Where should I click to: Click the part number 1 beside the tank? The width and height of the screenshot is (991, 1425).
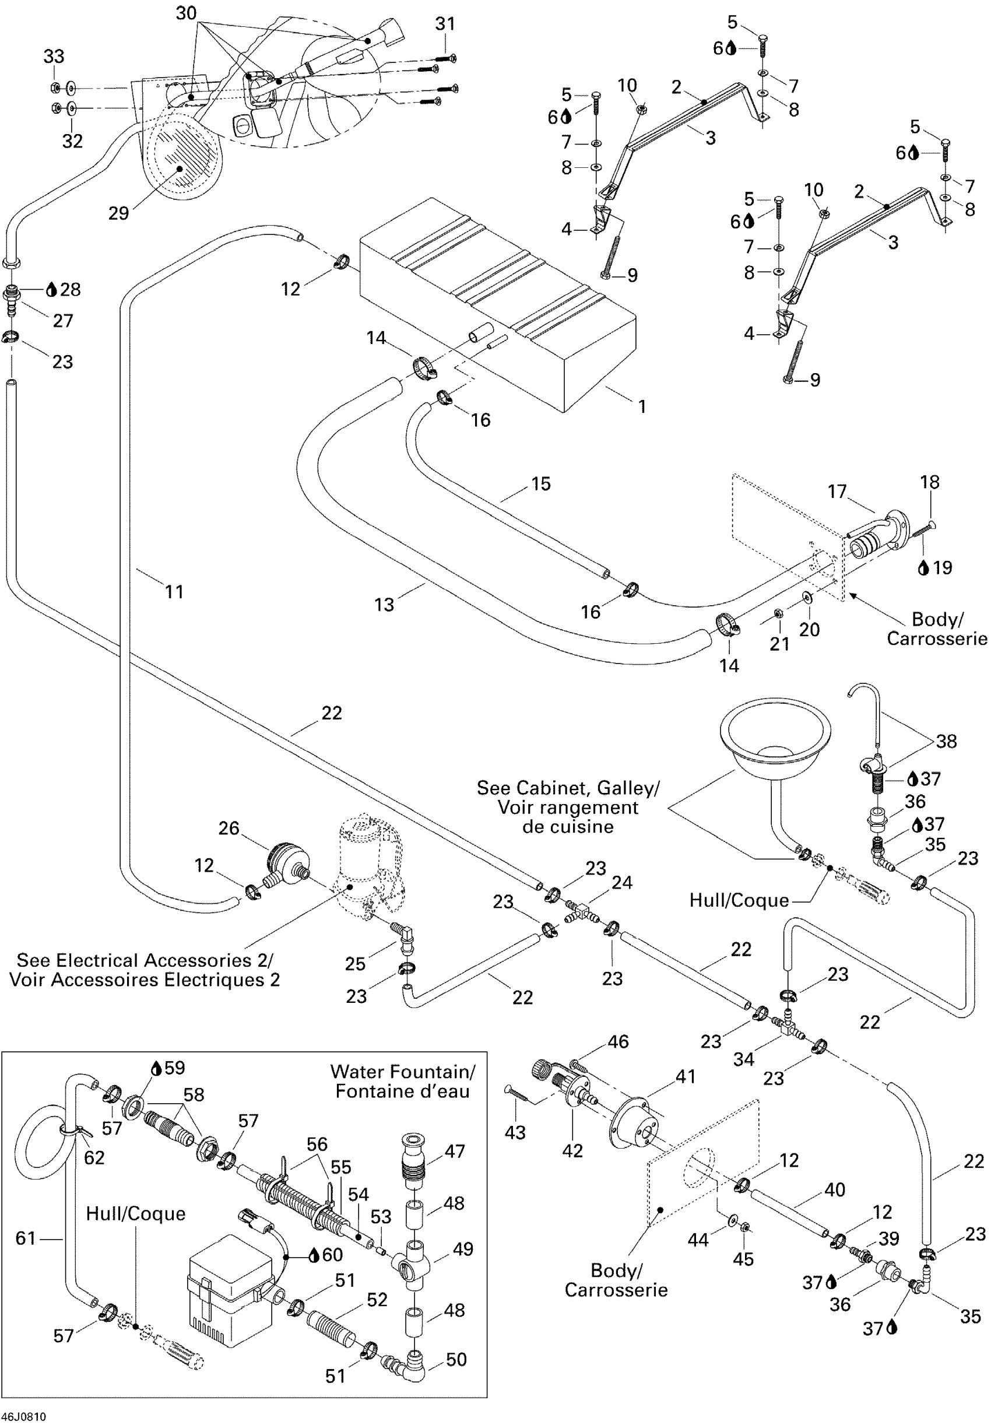[642, 406]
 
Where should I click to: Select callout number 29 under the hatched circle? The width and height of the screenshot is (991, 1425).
[118, 213]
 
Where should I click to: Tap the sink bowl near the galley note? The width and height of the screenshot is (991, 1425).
[775, 735]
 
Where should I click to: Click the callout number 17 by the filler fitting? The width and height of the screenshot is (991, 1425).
[837, 492]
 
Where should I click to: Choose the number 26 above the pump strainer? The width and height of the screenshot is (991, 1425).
[229, 828]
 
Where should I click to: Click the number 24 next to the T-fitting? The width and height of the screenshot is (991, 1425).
[623, 882]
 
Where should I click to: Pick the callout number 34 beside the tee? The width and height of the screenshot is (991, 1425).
[743, 1059]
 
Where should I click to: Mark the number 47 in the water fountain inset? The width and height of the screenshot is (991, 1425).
[455, 1152]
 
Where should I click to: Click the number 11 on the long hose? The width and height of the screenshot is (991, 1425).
[174, 591]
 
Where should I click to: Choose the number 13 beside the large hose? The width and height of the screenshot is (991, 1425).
[384, 604]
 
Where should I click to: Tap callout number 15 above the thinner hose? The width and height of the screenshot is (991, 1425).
[541, 483]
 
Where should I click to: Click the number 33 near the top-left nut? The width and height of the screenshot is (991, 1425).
[54, 57]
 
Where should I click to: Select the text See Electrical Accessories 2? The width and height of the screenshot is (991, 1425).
[144, 960]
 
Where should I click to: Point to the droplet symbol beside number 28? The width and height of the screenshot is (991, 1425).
[51, 289]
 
